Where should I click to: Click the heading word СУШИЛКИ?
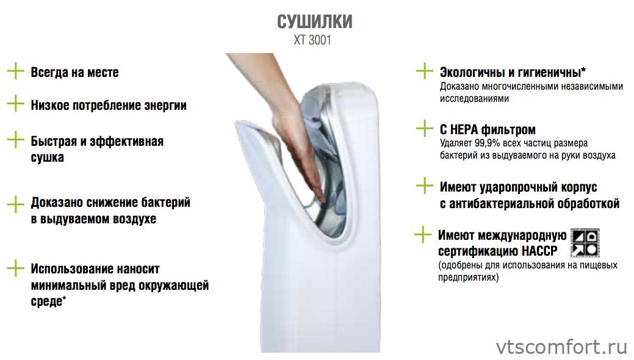(314, 23)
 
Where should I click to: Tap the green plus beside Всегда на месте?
(15, 71)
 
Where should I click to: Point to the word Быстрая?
(56, 142)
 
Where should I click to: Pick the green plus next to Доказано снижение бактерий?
(15, 203)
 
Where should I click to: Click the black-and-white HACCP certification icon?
(584, 242)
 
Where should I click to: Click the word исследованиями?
(474, 98)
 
